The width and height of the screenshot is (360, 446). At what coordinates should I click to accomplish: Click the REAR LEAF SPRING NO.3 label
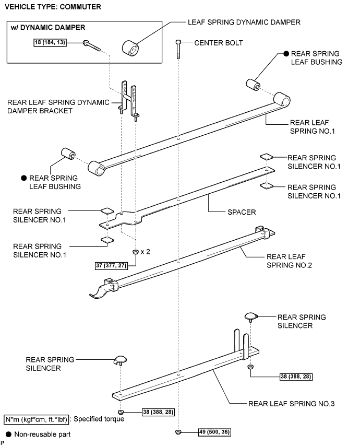click(x=291, y=404)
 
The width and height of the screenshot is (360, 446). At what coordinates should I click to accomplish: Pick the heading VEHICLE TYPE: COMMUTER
click(x=51, y=7)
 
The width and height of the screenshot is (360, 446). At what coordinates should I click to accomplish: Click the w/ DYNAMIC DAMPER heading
click(x=48, y=28)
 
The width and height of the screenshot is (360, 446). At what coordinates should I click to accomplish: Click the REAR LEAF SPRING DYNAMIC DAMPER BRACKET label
click(x=58, y=107)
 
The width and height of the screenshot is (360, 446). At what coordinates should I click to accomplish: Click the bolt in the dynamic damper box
click(x=92, y=45)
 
